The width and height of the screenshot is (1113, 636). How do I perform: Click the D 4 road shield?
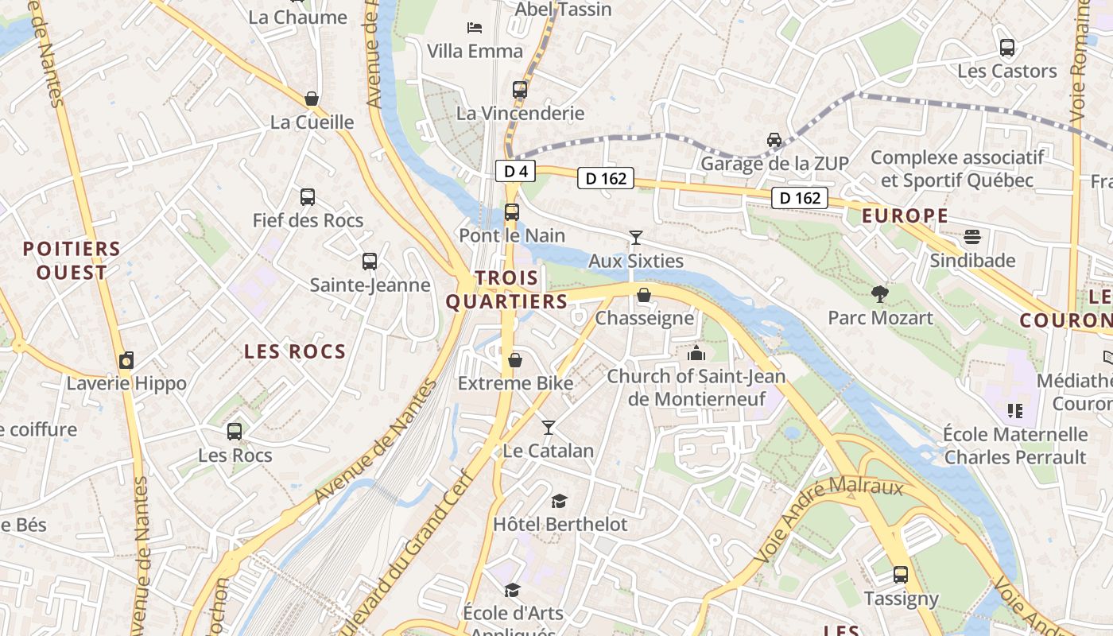515,171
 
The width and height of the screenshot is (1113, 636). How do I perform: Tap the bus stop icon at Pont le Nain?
512,212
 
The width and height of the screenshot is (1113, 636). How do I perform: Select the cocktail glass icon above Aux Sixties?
635,237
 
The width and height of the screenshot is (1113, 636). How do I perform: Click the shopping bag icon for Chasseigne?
644,296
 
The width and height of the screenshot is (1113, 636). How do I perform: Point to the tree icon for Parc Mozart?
879,294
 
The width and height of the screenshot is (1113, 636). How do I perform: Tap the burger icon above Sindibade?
972,237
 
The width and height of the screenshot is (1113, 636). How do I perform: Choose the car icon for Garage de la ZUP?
774,140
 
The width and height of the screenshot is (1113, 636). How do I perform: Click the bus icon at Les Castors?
1007,48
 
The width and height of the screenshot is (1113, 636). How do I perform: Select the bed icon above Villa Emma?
475,28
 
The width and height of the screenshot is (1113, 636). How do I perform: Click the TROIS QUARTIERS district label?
506,289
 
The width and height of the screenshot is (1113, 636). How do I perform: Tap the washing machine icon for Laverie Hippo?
126,360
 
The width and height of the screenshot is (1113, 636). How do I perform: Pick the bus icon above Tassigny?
901,575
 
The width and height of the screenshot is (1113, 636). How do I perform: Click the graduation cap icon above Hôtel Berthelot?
560,501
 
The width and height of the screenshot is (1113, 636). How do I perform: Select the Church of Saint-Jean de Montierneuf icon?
696,353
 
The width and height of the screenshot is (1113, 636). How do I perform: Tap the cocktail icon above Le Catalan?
548,428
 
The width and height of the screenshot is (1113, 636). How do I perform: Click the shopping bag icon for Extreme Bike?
515,360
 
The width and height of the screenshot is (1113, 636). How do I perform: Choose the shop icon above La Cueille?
312,99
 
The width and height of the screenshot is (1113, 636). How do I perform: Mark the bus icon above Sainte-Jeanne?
370,262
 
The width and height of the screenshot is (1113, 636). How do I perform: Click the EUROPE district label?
905,215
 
